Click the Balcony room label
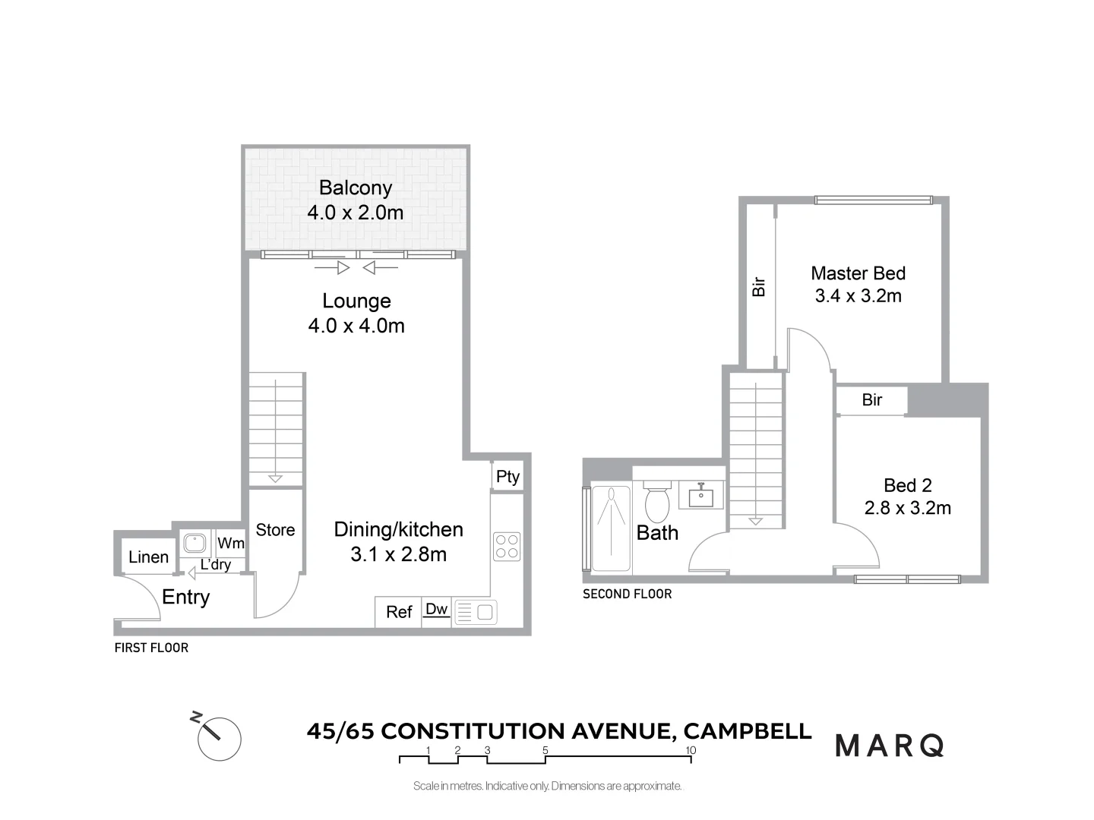coord(355,188)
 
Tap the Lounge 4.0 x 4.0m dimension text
coord(356,326)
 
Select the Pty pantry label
coord(507,477)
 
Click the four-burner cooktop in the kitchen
coord(507,547)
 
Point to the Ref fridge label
coord(399,612)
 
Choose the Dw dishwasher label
coord(436,609)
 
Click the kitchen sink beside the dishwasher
coord(476,613)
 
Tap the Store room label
coord(275,530)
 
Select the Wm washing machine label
coord(231,543)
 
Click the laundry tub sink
coord(194,543)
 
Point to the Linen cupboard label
coord(148,557)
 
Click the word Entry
coord(185,598)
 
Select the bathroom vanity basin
coord(700,497)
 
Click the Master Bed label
coord(858,273)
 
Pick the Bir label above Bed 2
coord(871,400)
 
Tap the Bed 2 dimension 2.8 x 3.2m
coord(907,509)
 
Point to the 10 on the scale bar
coord(690,750)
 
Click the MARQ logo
coord(890,746)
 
